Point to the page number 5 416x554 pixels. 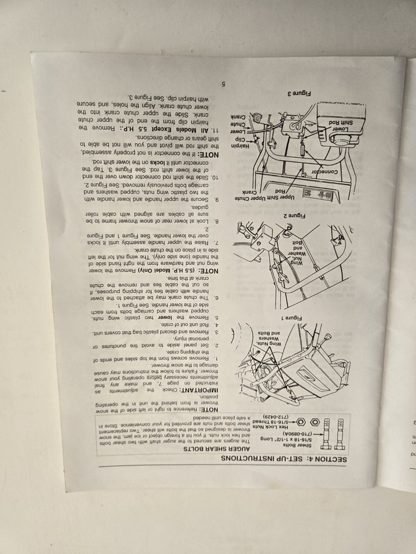222,84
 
